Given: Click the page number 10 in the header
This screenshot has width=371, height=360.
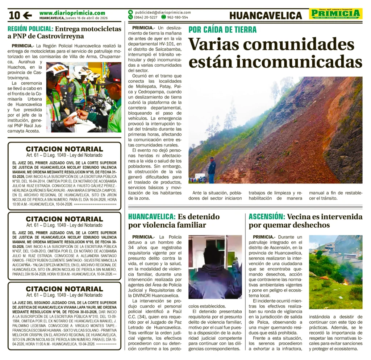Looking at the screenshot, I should coord(14,15).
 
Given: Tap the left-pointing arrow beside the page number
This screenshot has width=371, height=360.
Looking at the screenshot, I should coord(28,15).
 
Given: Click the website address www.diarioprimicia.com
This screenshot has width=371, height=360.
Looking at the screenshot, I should coord(72,13).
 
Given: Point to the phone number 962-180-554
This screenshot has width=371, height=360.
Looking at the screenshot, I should coord(178,17).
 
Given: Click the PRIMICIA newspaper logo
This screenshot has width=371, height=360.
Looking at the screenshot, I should coord(335,14).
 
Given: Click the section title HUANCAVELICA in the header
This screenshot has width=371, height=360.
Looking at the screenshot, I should coord(266,15).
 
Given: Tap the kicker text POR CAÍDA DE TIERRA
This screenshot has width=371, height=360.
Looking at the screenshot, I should coord(222,30).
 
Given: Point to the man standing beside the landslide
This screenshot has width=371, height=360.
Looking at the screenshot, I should coord(212,170).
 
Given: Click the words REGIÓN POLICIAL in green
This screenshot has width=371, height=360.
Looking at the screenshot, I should coord(31,28).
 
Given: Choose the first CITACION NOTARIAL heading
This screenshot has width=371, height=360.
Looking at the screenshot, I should coord(64,149).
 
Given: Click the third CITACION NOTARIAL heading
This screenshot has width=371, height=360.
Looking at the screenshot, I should coord(64,289).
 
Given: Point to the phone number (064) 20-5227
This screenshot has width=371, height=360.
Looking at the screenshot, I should coord(146,17).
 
